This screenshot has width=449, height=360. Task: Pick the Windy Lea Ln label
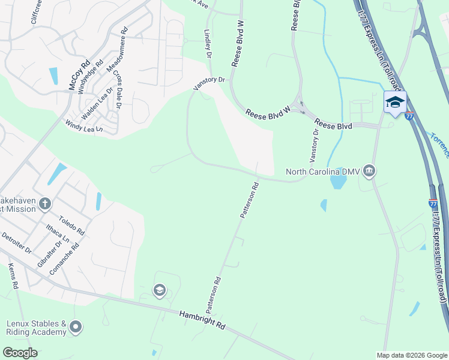(84, 126)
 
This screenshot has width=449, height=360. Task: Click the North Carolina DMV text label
(322, 172)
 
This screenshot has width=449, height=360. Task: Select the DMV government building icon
(369, 172)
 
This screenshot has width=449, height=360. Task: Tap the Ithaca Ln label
(58, 236)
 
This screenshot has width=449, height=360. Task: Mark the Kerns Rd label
(14, 277)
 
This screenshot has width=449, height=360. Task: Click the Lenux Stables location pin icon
(75, 327)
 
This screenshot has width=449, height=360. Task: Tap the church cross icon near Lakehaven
(44, 205)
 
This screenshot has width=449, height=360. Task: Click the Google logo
(20, 353)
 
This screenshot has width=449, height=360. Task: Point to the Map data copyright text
(411, 355)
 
